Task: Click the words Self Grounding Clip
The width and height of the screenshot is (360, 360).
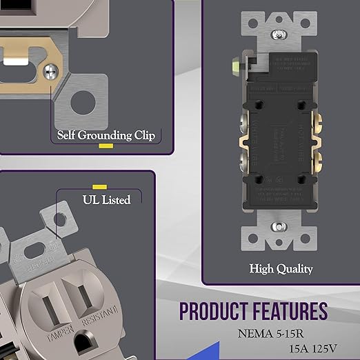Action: point(105,134)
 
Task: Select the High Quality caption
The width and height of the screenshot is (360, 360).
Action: point(281,268)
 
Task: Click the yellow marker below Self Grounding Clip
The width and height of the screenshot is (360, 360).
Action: point(105,146)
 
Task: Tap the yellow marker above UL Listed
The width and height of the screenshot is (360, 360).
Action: point(99,187)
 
